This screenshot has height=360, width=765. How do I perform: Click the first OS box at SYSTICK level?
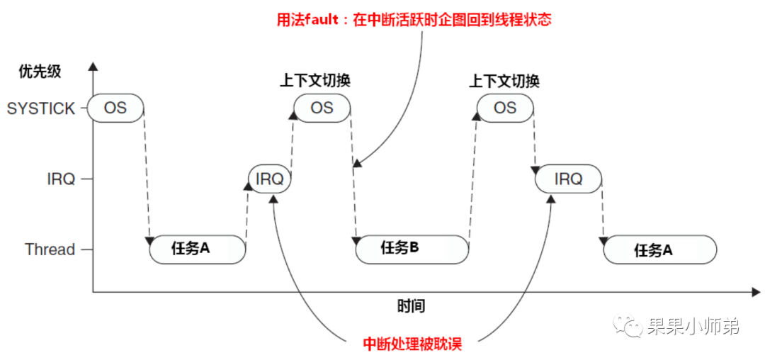[x=115, y=108]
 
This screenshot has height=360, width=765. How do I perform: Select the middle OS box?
[x=322, y=108]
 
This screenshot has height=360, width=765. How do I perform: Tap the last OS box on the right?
[x=504, y=108]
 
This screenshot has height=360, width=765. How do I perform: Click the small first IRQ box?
[x=270, y=179]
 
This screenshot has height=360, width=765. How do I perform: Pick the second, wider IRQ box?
[x=568, y=179]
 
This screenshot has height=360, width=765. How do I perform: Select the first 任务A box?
[x=197, y=249]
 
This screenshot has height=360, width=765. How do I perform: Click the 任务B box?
[x=411, y=249]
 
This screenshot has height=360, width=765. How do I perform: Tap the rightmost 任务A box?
[x=660, y=249]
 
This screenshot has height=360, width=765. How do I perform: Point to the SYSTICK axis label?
[x=41, y=108]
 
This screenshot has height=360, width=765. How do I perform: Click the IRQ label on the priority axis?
[x=61, y=179]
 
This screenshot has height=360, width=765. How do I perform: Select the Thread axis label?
[x=50, y=249]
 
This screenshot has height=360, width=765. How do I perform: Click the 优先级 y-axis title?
[x=40, y=71]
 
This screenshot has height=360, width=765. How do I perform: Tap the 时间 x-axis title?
[x=411, y=307]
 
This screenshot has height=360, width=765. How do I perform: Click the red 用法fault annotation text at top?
[x=414, y=19]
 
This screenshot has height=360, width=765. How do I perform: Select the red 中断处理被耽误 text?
[x=412, y=344]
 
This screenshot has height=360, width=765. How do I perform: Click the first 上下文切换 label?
[x=315, y=80]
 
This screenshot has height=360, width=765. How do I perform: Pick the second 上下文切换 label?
[x=504, y=80]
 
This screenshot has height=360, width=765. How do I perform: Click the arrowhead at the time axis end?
[x=756, y=291]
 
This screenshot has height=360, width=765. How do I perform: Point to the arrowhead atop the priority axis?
[x=93, y=67]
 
